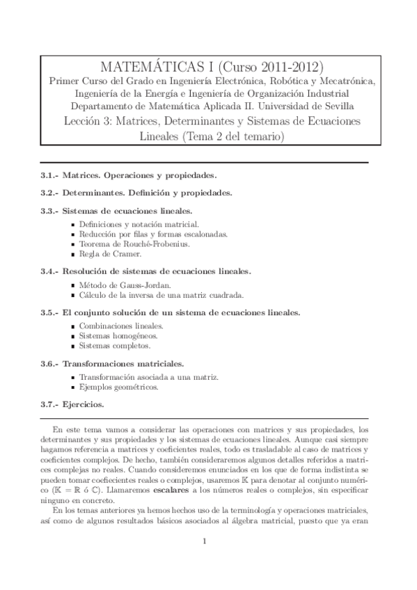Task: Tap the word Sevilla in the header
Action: (x=336, y=106)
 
